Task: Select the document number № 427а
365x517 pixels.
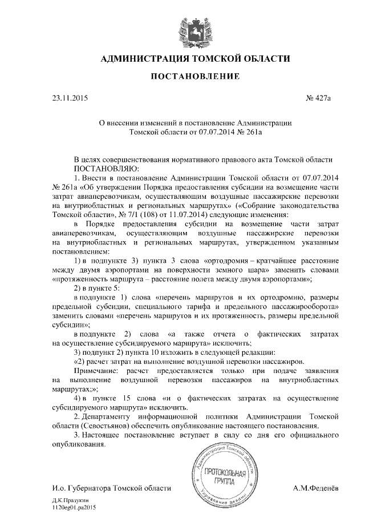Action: tap(318, 98)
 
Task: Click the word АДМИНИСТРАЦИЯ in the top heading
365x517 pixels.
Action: tap(144, 58)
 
